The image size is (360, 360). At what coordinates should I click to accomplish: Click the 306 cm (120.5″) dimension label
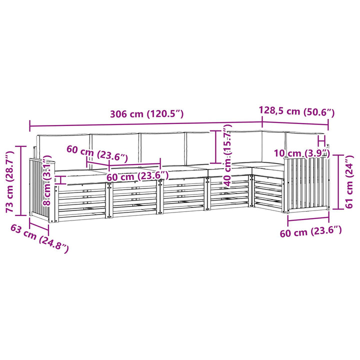(146, 114)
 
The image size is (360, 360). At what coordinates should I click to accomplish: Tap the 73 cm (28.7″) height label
(10, 181)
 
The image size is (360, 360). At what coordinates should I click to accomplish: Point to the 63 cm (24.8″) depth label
(39, 238)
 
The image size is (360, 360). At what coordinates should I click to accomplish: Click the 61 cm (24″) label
(349, 181)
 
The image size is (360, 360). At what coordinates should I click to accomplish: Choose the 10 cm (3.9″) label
(302, 153)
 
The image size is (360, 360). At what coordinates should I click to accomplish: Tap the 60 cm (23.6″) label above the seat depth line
(97, 153)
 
